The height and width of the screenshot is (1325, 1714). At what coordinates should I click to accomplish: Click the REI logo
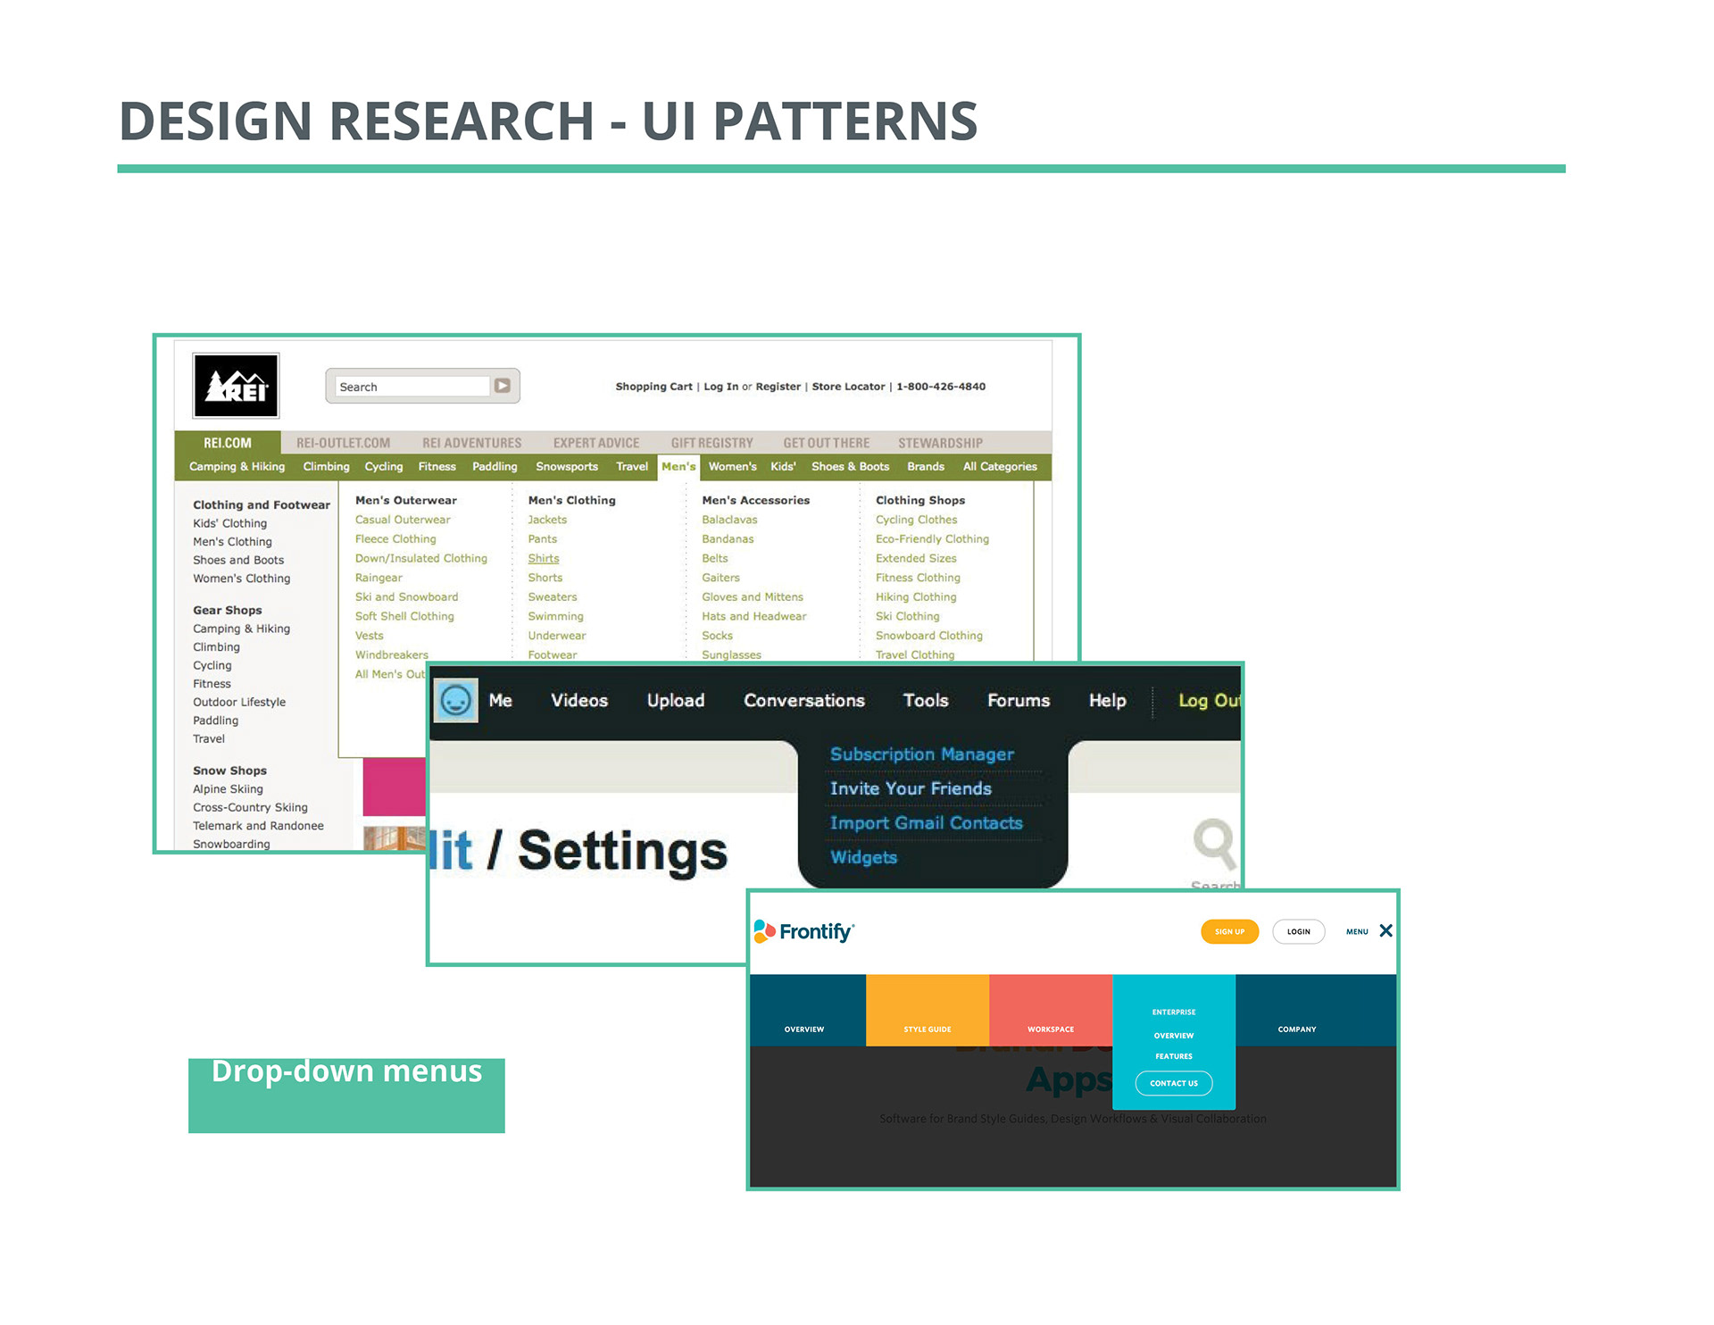236,386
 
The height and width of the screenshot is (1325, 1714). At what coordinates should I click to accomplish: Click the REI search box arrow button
503,386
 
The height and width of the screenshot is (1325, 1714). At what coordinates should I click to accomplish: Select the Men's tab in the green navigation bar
678,467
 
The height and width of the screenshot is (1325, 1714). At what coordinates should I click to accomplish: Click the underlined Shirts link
543,559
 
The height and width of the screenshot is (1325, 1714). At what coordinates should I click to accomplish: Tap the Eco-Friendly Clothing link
932,539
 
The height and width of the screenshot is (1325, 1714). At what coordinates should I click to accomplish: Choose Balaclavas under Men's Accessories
729,520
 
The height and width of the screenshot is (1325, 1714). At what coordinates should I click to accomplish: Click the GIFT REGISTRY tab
711,443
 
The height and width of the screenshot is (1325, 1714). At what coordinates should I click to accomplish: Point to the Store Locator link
848,387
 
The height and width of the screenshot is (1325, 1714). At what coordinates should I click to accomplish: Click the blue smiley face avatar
455,701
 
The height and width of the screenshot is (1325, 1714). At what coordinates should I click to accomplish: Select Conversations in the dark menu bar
803,701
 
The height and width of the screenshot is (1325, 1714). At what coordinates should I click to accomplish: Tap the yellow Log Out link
1208,701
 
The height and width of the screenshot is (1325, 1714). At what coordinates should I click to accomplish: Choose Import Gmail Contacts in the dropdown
926,823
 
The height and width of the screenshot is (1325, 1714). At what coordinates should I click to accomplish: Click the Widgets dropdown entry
863,858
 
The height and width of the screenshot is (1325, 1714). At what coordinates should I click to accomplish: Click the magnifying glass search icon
1214,842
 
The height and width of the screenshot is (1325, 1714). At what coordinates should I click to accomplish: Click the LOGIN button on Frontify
1298,932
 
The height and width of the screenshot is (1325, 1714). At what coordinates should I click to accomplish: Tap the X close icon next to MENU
1385,931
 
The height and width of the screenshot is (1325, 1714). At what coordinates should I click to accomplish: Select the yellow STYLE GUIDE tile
927,1011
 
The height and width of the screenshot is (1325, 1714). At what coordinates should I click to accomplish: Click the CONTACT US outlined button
1173,1084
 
